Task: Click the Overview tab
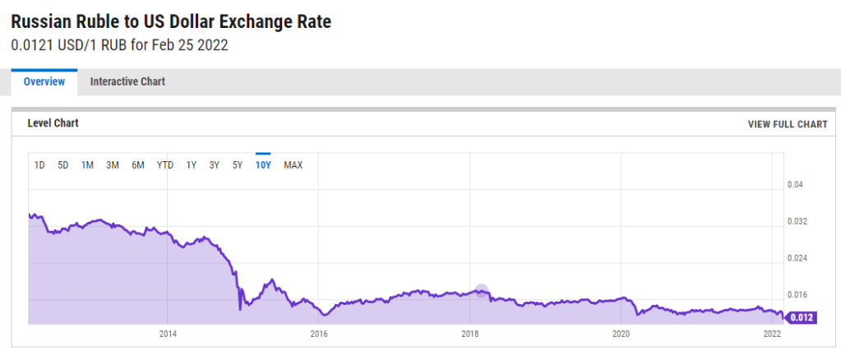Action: click(44, 81)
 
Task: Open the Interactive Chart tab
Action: click(127, 81)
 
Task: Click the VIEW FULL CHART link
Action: click(787, 124)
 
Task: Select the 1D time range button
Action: click(39, 165)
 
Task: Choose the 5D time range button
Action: click(63, 165)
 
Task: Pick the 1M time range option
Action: click(87, 165)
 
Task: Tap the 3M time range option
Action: click(113, 165)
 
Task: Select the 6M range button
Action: click(138, 165)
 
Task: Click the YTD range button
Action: click(165, 165)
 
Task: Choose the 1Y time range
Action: click(191, 165)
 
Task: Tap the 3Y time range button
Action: click(214, 165)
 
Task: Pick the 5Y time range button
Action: click(238, 165)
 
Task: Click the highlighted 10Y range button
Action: click(263, 165)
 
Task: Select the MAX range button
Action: click(293, 165)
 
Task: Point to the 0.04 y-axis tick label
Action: click(797, 185)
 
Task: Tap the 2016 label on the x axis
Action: click(318, 334)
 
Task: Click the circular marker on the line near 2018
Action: click(482, 290)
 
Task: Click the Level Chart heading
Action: click(53, 123)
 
